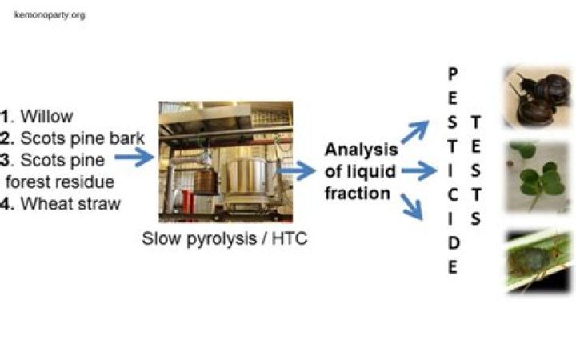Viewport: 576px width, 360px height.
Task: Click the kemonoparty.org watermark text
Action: pos(50,15)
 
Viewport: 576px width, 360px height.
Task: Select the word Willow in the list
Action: pos(46,117)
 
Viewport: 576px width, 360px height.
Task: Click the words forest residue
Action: pos(60,182)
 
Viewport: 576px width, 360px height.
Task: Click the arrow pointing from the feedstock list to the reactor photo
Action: pos(134,158)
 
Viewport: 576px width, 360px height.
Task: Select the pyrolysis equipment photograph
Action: pos(226,162)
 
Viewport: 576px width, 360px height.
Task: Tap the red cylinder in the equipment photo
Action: pos(188,202)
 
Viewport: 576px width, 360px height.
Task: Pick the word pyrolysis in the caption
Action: pos(222,238)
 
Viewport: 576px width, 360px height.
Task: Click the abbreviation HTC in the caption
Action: pos(290,238)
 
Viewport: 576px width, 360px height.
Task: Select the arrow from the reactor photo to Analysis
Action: pos(296,170)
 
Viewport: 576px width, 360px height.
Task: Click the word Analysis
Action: pos(361,150)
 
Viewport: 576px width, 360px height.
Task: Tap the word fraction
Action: pos(358,194)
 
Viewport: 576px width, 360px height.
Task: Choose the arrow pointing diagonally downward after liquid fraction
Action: pos(412,206)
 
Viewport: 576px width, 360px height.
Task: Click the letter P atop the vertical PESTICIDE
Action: pos(453,74)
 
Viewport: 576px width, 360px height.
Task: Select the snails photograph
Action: pos(538,97)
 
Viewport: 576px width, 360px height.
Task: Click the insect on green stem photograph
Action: pos(538,262)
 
